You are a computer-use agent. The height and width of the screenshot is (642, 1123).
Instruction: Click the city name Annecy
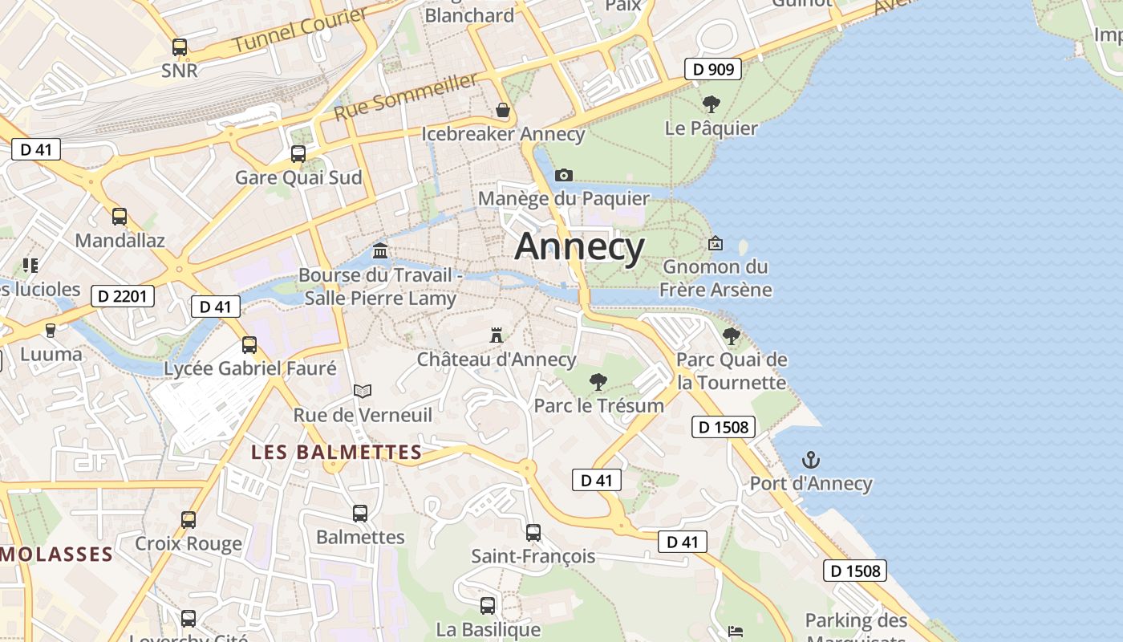pos(579,246)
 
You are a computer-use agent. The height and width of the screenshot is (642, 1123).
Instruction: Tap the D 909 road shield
pos(713,69)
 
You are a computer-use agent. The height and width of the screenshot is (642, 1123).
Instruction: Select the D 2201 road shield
pos(122,296)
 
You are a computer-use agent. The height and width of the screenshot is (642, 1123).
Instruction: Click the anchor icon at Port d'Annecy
pos(811,460)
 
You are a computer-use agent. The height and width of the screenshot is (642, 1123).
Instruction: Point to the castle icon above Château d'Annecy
pos(497,335)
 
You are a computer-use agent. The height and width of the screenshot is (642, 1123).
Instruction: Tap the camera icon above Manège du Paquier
pos(564,175)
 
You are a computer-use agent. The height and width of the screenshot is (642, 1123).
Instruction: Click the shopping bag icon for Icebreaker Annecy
pos(503,110)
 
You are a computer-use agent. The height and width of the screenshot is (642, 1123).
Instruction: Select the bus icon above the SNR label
pos(180,47)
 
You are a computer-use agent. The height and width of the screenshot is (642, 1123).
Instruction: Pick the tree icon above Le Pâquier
pos(711,104)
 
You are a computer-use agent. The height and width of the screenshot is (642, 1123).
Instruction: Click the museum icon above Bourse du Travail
pos(380,251)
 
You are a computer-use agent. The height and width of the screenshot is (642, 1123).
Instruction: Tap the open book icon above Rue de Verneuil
pos(363,391)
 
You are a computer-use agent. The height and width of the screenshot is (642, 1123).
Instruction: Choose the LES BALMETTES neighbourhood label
pos(337,452)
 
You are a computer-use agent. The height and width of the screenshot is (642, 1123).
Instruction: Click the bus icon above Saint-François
pos(533,532)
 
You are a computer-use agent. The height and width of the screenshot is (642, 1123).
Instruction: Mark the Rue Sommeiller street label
pos(406,96)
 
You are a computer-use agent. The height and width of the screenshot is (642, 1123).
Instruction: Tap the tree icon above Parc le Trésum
pos(598,382)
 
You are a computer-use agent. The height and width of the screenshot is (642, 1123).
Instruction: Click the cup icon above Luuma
pos(51,330)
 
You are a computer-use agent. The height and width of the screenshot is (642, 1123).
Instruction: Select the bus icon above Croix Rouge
pos(189,519)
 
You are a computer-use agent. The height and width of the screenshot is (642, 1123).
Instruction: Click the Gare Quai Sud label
pos(298,177)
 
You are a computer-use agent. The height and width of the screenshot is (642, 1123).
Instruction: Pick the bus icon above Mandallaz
pos(120,216)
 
